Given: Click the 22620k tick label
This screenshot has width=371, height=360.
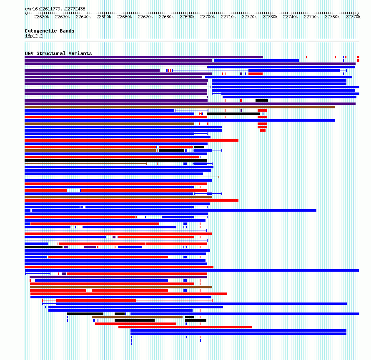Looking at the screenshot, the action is (42, 17).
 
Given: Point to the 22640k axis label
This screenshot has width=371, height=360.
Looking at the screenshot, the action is (83, 17).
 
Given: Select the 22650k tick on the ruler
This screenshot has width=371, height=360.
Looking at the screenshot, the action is (104, 17).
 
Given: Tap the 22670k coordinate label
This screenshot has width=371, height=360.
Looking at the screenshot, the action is (145, 17).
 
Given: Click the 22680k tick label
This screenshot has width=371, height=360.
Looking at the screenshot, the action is (166, 17).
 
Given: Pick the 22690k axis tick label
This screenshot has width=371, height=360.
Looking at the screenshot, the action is (187, 17).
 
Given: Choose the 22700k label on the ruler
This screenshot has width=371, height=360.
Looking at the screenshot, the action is (208, 17).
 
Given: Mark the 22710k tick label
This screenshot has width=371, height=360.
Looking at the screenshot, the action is (228, 17).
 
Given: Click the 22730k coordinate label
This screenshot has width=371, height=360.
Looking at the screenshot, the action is (270, 17).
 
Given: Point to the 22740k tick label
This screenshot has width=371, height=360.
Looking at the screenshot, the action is (291, 17).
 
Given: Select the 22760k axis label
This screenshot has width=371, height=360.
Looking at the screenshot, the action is (332, 17).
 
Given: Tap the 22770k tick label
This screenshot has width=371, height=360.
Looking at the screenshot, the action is (353, 17).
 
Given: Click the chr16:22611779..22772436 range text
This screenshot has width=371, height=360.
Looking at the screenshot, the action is (55, 9).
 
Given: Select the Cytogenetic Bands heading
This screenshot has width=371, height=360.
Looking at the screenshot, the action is (50, 31).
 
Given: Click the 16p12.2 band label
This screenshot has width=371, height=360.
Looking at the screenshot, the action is (34, 36).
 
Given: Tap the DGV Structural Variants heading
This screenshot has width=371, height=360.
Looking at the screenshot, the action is (58, 53).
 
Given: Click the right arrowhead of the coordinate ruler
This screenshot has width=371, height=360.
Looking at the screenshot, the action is (358, 13).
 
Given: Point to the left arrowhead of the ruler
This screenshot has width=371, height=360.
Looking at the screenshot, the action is (25, 13).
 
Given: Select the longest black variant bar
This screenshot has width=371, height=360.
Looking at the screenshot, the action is (116, 160).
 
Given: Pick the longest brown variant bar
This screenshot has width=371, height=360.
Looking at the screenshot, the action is (180, 107).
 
